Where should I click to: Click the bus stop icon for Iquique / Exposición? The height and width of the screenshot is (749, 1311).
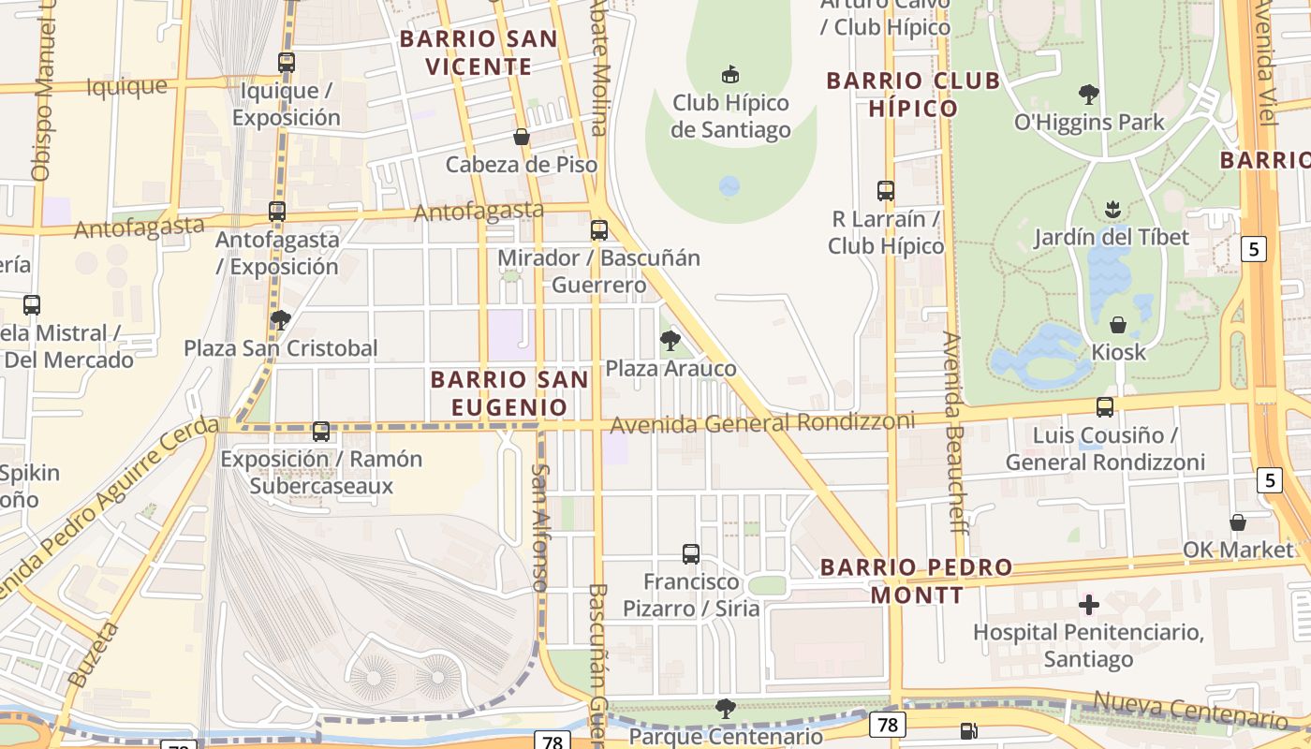[287, 63]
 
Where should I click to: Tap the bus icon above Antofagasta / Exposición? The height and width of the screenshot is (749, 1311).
[277, 212]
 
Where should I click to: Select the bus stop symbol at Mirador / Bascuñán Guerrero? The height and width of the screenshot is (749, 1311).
[599, 229]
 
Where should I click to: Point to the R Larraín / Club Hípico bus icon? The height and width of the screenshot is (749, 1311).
[886, 191]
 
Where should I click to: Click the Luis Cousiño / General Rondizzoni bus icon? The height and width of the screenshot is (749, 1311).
[1105, 407]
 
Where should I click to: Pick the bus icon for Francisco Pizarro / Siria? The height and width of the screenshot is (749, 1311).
[691, 553]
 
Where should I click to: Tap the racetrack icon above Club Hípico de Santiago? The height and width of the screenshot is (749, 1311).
[730, 74]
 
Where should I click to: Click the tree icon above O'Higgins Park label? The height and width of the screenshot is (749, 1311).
[1088, 94]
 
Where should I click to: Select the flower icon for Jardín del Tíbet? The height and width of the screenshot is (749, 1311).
[1112, 208]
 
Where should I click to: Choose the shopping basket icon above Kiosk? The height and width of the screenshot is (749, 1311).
[1118, 325]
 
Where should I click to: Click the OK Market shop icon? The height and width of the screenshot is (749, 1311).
[1238, 521]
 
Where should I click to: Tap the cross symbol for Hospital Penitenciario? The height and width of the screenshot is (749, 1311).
[1088, 605]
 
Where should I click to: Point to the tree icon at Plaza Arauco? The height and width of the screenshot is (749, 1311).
[670, 341]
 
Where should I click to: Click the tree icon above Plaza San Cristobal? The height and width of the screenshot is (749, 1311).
[280, 320]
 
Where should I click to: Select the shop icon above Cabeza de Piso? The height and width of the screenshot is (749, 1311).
[522, 137]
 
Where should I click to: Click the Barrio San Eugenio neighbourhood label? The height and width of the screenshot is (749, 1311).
[509, 393]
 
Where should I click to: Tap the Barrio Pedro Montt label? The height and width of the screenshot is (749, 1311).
[917, 580]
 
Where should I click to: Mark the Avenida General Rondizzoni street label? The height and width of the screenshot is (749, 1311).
[762, 423]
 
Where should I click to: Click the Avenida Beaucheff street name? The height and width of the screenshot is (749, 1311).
[953, 431]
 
